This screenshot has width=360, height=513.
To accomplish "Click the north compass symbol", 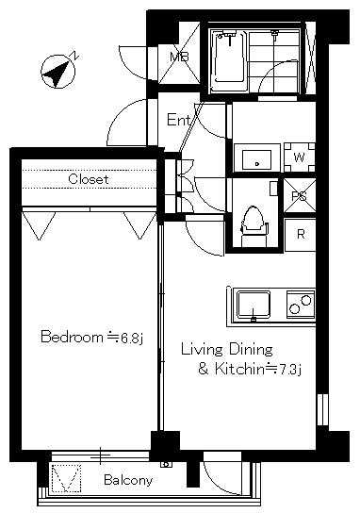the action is coord(58,72).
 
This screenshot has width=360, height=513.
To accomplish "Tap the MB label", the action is coord(179,57).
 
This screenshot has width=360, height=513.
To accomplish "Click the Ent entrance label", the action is coord(178,120).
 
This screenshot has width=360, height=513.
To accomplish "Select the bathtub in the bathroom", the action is coord(229,60).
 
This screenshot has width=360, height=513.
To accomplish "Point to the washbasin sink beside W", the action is coord(257,159).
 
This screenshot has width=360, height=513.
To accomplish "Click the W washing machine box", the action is coord(299,157).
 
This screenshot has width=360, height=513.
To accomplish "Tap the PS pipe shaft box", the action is coord(299,195).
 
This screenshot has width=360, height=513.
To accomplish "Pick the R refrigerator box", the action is coord(301,235).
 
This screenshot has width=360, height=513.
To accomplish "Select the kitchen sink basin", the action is coord(254,305).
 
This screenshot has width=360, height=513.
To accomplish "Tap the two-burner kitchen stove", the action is coord(301,305).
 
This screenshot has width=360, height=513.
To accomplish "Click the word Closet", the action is coord(89,179).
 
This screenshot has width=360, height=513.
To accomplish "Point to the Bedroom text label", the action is coord(72,337).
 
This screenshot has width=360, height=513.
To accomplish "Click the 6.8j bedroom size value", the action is coord(132,338).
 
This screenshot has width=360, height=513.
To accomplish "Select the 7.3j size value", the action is coord(289,369).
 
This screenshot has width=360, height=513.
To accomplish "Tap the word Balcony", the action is coord(128,480).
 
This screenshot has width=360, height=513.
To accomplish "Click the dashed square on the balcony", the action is coord(66,478).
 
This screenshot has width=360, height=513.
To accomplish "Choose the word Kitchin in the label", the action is coord(239,369).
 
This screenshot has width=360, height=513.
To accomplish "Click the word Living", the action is coord(202,350).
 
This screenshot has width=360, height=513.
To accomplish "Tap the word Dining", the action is coord(251,350).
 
